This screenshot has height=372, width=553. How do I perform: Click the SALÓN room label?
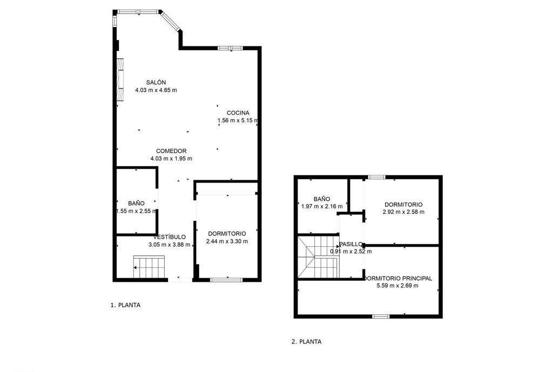tap(156, 83)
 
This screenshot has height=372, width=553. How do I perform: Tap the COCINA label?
tap(238, 113)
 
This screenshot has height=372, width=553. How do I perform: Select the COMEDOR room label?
tap(171, 151)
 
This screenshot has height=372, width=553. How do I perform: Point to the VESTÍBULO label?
tap(170, 237)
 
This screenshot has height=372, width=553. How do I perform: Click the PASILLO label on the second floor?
tap(350, 244)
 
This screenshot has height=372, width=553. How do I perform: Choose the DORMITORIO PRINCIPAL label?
tap(398, 278)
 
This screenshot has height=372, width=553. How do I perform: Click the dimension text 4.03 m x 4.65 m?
tap(156, 90)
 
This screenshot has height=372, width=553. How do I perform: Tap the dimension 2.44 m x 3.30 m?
tap(227, 241)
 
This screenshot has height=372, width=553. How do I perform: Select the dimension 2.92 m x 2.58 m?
tap(403, 212)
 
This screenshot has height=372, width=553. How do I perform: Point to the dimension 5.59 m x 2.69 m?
tap(397, 286)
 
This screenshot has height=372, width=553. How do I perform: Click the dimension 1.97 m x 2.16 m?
tap(322, 206)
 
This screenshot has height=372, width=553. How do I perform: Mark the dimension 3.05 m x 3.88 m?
tap(169, 245)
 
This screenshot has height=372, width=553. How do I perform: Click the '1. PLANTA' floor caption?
tap(125, 305)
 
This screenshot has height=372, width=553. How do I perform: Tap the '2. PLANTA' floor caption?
tap(307, 342)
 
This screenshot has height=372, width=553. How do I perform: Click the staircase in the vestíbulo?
tap(149, 267)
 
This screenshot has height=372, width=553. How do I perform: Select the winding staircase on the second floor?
tap(319, 257)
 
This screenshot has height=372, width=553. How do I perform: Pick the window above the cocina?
tap(230, 48)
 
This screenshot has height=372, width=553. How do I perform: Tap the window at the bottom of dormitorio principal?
tap(381, 316)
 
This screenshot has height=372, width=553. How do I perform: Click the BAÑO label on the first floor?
tap(136, 204)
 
